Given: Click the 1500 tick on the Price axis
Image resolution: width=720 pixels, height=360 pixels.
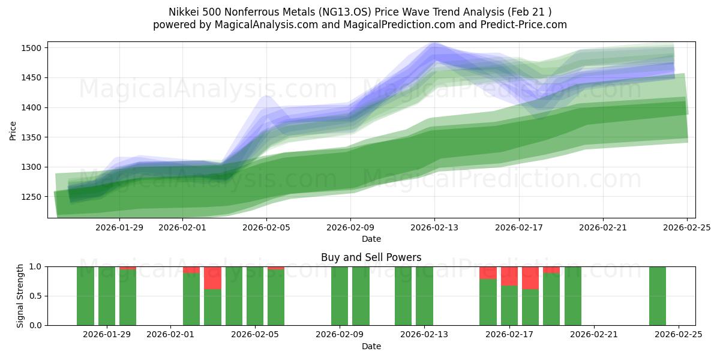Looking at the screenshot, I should coord(34,48).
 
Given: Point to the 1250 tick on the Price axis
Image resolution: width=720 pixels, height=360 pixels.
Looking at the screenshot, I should coord(34,197).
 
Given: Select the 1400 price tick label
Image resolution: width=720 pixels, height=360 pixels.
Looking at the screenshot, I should coord(34,107).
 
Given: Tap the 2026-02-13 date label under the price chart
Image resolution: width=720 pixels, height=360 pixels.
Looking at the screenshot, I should coord(435,228).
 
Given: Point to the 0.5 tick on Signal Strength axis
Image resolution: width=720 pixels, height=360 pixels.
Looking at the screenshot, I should coord(37,296).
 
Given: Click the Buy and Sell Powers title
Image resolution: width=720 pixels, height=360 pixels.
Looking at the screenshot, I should coord(371,257).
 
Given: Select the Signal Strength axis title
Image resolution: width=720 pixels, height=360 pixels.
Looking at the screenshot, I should coord(20,296).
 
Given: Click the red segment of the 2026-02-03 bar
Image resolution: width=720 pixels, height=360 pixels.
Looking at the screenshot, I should coord(212,278).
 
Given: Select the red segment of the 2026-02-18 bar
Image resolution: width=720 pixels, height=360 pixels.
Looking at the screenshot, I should coord(530,278).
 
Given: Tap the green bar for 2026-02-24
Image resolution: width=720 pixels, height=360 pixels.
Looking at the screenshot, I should coord(658,296).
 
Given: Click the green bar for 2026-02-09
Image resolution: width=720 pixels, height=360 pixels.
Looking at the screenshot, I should coord(340,296).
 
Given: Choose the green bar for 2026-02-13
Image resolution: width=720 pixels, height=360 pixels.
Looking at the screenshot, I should coord(424,296).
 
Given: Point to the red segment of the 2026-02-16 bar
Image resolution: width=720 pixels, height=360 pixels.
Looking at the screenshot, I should coord(488,272).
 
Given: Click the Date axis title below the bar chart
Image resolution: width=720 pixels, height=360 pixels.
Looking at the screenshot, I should coord(371,346).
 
